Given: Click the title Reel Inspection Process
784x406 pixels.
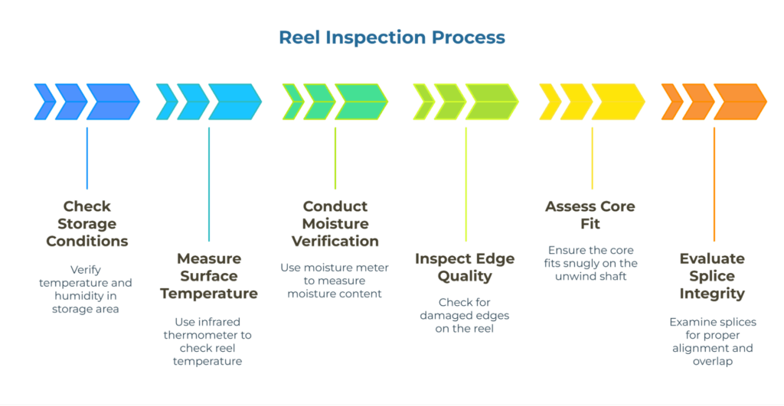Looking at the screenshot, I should pyautogui.click(x=391, y=37).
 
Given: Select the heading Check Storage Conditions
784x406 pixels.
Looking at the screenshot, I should pyautogui.click(x=87, y=223).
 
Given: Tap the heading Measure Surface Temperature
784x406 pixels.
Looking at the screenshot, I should pyautogui.click(x=208, y=275).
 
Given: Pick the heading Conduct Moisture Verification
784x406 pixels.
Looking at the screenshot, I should pyautogui.click(x=335, y=223).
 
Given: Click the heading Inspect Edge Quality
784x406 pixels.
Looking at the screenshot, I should pyautogui.click(x=465, y=267).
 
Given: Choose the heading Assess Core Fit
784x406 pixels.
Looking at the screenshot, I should pyautogui.click(x=590, y=215).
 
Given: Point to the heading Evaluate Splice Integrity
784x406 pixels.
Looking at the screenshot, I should pyautogui.click(x=712, y=275).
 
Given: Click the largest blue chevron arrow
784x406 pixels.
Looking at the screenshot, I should pyautogui.click(x=113, y=102).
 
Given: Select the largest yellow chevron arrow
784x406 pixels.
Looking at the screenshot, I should pyautogui.click(x=618, y=102).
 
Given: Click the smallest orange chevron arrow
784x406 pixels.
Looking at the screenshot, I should pyautogui.click(x=671, y=102).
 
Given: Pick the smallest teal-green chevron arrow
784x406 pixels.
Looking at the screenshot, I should pyautogui.click(x=292, y=102).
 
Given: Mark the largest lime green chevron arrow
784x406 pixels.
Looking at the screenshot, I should pyautogui.click(x=492, y=102).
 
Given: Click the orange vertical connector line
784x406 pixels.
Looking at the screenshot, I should pyautogui.click(x=714, y=184).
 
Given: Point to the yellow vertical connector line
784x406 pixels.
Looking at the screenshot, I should pyautogui.click(x=592, y=158).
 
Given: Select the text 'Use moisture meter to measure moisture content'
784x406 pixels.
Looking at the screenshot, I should pyautogui.click(x=335, y=280).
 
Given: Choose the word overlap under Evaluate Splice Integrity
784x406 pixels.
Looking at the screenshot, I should pyautogui.click(x=712, y=361).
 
